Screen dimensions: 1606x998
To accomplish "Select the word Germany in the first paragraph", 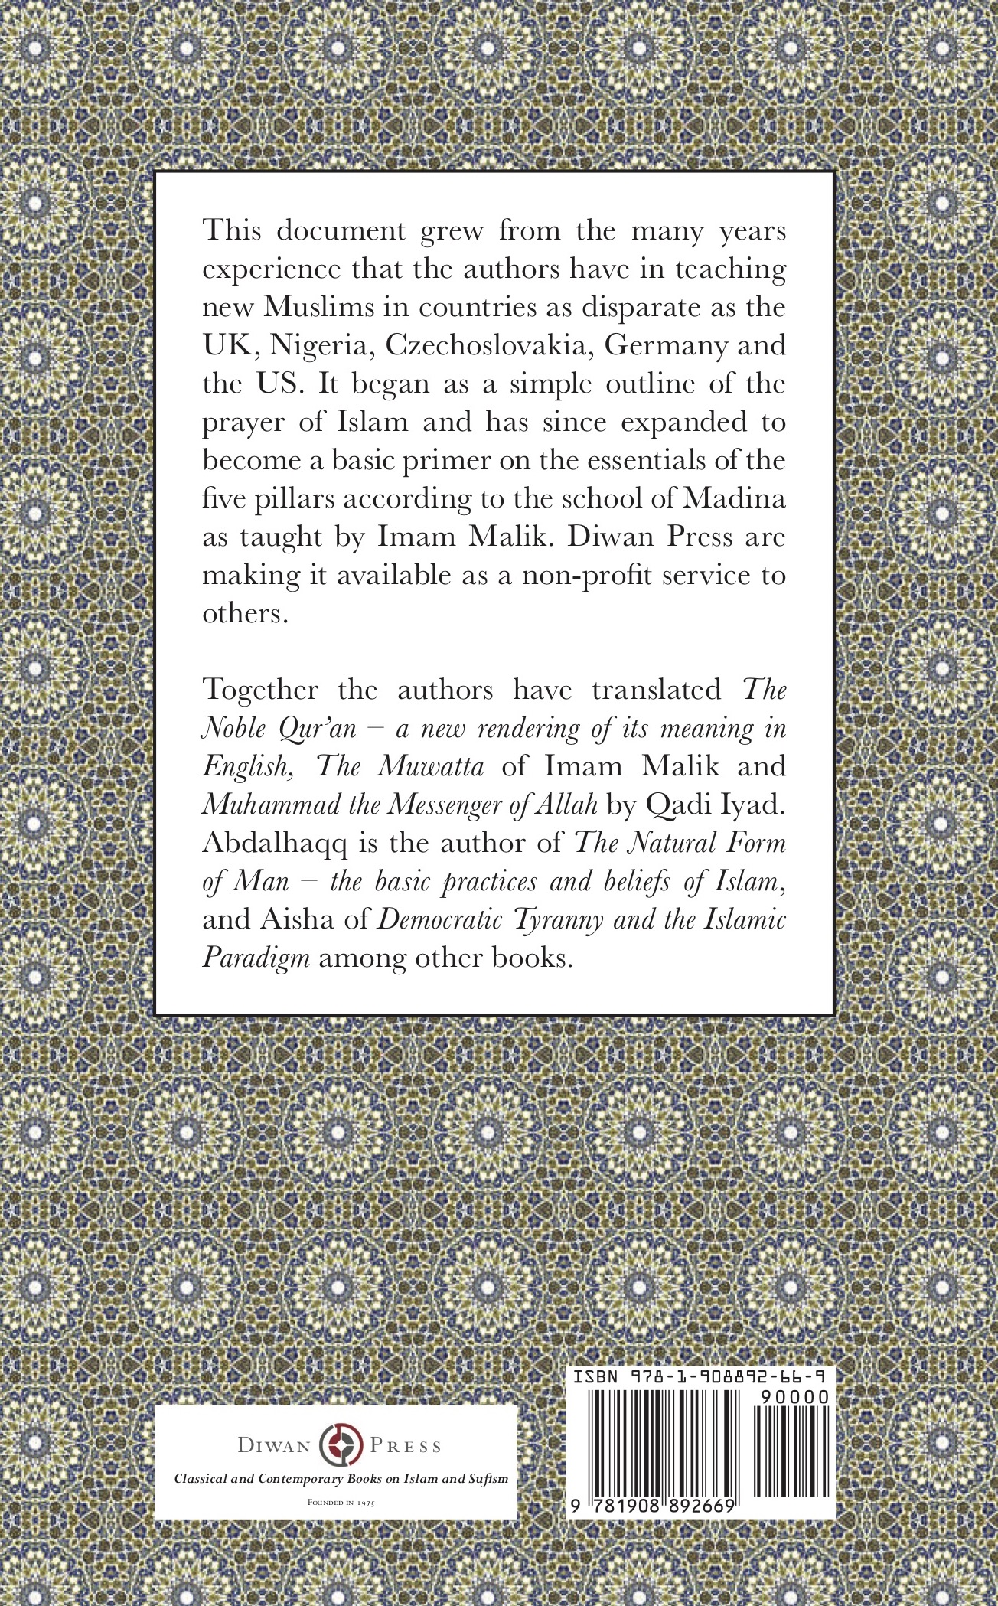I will click(x=665, y=346).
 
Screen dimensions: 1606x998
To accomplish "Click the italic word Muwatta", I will click(x=441, y=766).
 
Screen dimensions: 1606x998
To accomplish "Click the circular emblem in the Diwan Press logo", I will click(x=340, y=1446).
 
